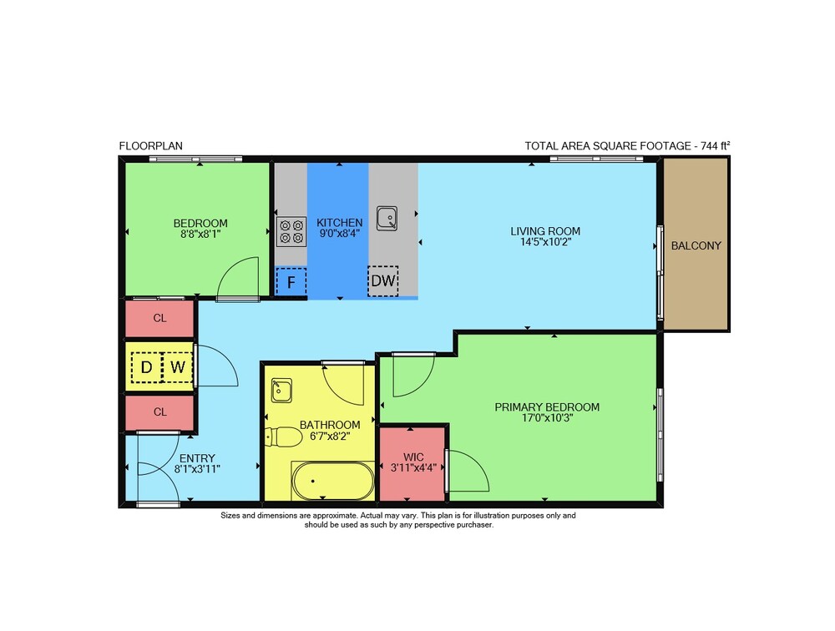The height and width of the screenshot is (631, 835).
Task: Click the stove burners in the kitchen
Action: pyautogui.click(x=291, y=232)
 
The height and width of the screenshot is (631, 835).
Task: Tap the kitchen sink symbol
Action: pyautogui.click(x=387, y=219)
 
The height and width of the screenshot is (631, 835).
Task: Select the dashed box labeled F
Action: pyautogui.click(x=291, y=281)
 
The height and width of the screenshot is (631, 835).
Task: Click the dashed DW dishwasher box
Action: pyautogui.click(x=383, y=281)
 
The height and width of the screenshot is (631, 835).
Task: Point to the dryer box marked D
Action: pyautogui.click(x=146, y=367)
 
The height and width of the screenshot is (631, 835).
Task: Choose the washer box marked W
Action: pyautogui.click(x=177, y=367)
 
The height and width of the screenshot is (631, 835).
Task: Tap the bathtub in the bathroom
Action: pyautogui.click(x=333, y=481)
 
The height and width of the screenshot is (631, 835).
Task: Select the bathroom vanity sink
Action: pyautogui.click(x=281, y=391)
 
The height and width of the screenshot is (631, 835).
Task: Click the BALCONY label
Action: pyautogui.click(x=696, y=245)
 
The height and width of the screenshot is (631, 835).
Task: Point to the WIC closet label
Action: pyautogui.click(x=414, y=457)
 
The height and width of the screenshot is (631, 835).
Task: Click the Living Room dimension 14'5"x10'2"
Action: pyautogui.click(x=546, y=242)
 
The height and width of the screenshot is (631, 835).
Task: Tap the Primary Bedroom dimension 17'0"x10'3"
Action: pyautogui.click(x=547, y=418)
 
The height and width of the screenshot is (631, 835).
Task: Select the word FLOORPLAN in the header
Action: pyautogui.click(x=150, y=146)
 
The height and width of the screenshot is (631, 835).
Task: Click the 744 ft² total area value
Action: pyautogui.click(x=716, y=145)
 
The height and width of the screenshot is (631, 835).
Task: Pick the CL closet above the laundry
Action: pyautogui.click(x=159, y=319)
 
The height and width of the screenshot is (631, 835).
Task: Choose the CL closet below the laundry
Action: pyautogui.click(x=159, y=412)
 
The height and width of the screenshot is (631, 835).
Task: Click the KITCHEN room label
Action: pyautogui.click(x=340, y=223)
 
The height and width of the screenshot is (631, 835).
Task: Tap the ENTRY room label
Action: pyautogui.click(x=197, y=458)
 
